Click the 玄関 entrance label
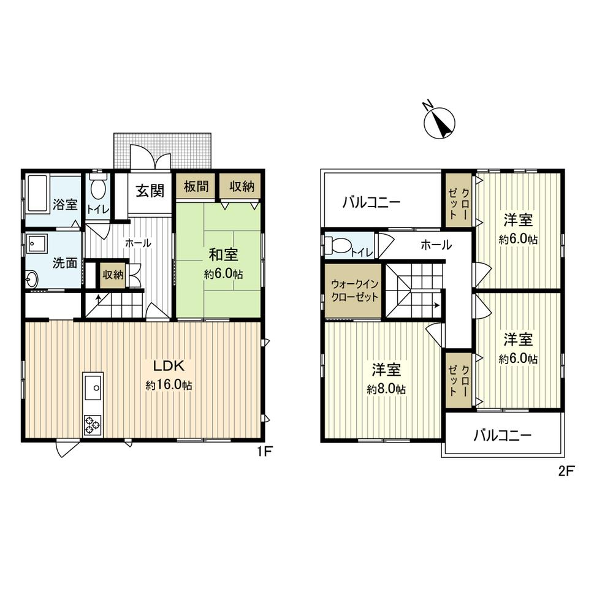click(x=150, y=191)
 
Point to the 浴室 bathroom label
click(x=64, y=204)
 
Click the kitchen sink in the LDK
click(x=93, y=386)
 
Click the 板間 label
click(x=196, y=187)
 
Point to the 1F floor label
click(x=264, y=452)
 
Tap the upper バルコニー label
click(x=371, y=202)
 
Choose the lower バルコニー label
click(x=502, y=436)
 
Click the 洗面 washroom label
click(x=65, y=263)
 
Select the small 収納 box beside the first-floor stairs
click(x=113, y=275)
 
